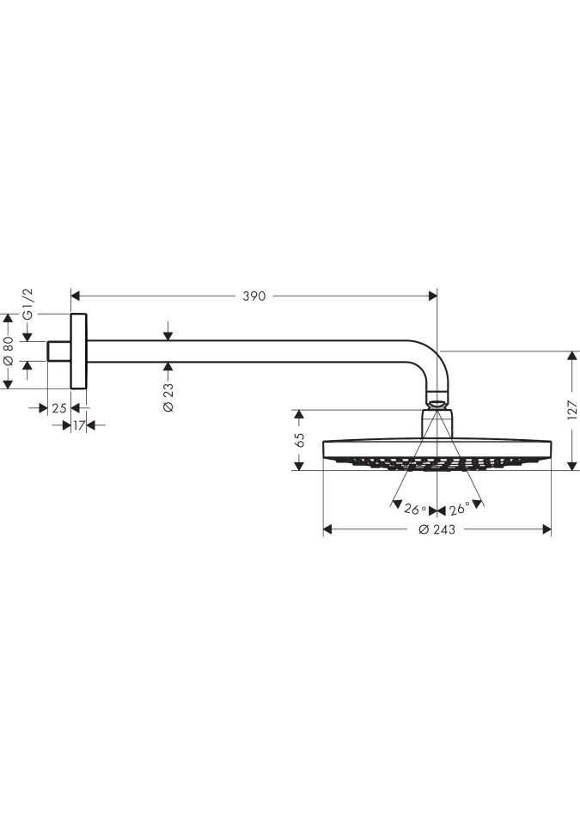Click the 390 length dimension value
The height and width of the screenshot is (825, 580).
pos(253,296)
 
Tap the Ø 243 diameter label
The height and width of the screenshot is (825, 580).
pos(437,530)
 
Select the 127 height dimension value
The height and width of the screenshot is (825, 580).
pos(572,410)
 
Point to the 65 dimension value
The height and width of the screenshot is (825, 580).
pos(300,440)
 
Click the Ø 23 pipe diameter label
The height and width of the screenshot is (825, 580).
pos(168,397)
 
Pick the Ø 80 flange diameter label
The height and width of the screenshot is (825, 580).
pos(8,351)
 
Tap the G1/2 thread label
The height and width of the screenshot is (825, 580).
pos(27,303)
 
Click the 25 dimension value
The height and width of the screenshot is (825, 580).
pos(59,407)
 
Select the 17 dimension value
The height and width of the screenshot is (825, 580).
pos(78,425)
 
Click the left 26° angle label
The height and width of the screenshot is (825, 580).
pos(415,510)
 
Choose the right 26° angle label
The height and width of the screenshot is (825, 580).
pos(459,509)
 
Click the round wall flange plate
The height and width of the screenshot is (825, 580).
pos(78,351)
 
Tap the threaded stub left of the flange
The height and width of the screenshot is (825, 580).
pos(59,351)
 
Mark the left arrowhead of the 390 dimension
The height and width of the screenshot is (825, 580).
pos(75,296)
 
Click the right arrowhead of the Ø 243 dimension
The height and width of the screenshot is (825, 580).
pos(546,529)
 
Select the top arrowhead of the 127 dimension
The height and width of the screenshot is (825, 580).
pos(571,355)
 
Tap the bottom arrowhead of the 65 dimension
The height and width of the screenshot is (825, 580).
pos(299,466)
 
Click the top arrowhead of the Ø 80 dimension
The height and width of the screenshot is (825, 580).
pos(8,318)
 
